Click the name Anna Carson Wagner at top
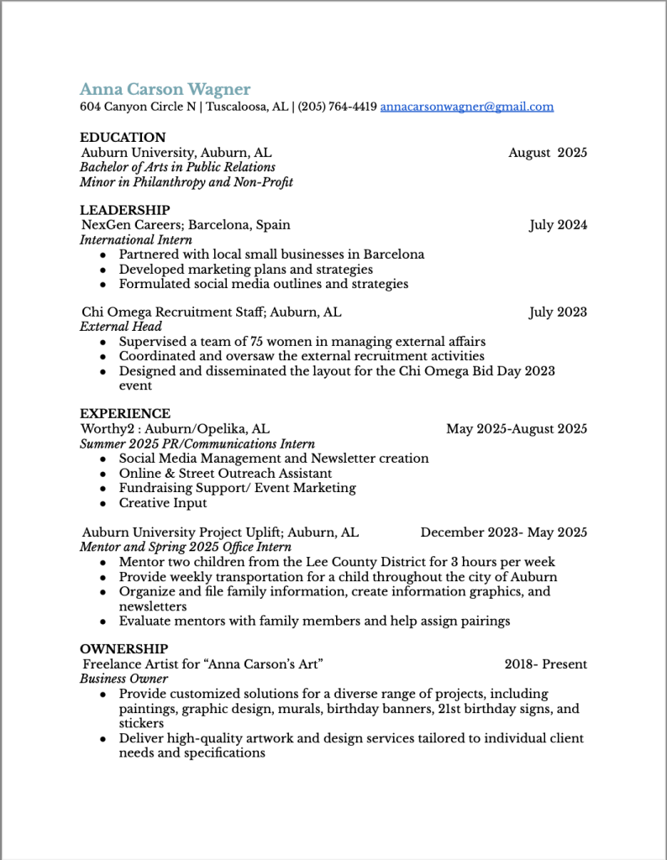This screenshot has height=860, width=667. coord(165,89)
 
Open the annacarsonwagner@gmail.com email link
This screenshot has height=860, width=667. coord(466,107)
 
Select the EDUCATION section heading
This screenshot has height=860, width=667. coord(123,137)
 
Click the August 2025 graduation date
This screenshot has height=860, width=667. coord(547,152)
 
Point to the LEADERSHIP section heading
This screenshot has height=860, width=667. coord(124,209)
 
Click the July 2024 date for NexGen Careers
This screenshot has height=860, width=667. coord(558,224)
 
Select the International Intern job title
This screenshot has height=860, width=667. coord(135,239)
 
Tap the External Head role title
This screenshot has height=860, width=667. coord(121,327)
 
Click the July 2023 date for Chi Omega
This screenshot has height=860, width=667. coord(558,312)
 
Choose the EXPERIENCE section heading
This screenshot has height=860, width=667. coord(124,413)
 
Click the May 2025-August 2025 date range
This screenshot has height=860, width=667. coord(516,428)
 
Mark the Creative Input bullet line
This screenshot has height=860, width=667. coord(163,503)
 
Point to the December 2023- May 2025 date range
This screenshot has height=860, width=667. coord(503,532)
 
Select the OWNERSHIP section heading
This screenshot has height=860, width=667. coord(123,648)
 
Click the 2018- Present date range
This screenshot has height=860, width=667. coord(545,664)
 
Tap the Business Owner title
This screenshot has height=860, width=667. coord(123,679)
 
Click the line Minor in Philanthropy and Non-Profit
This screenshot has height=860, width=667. coord(186,181)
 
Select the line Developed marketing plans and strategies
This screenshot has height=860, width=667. coord(245,269)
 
